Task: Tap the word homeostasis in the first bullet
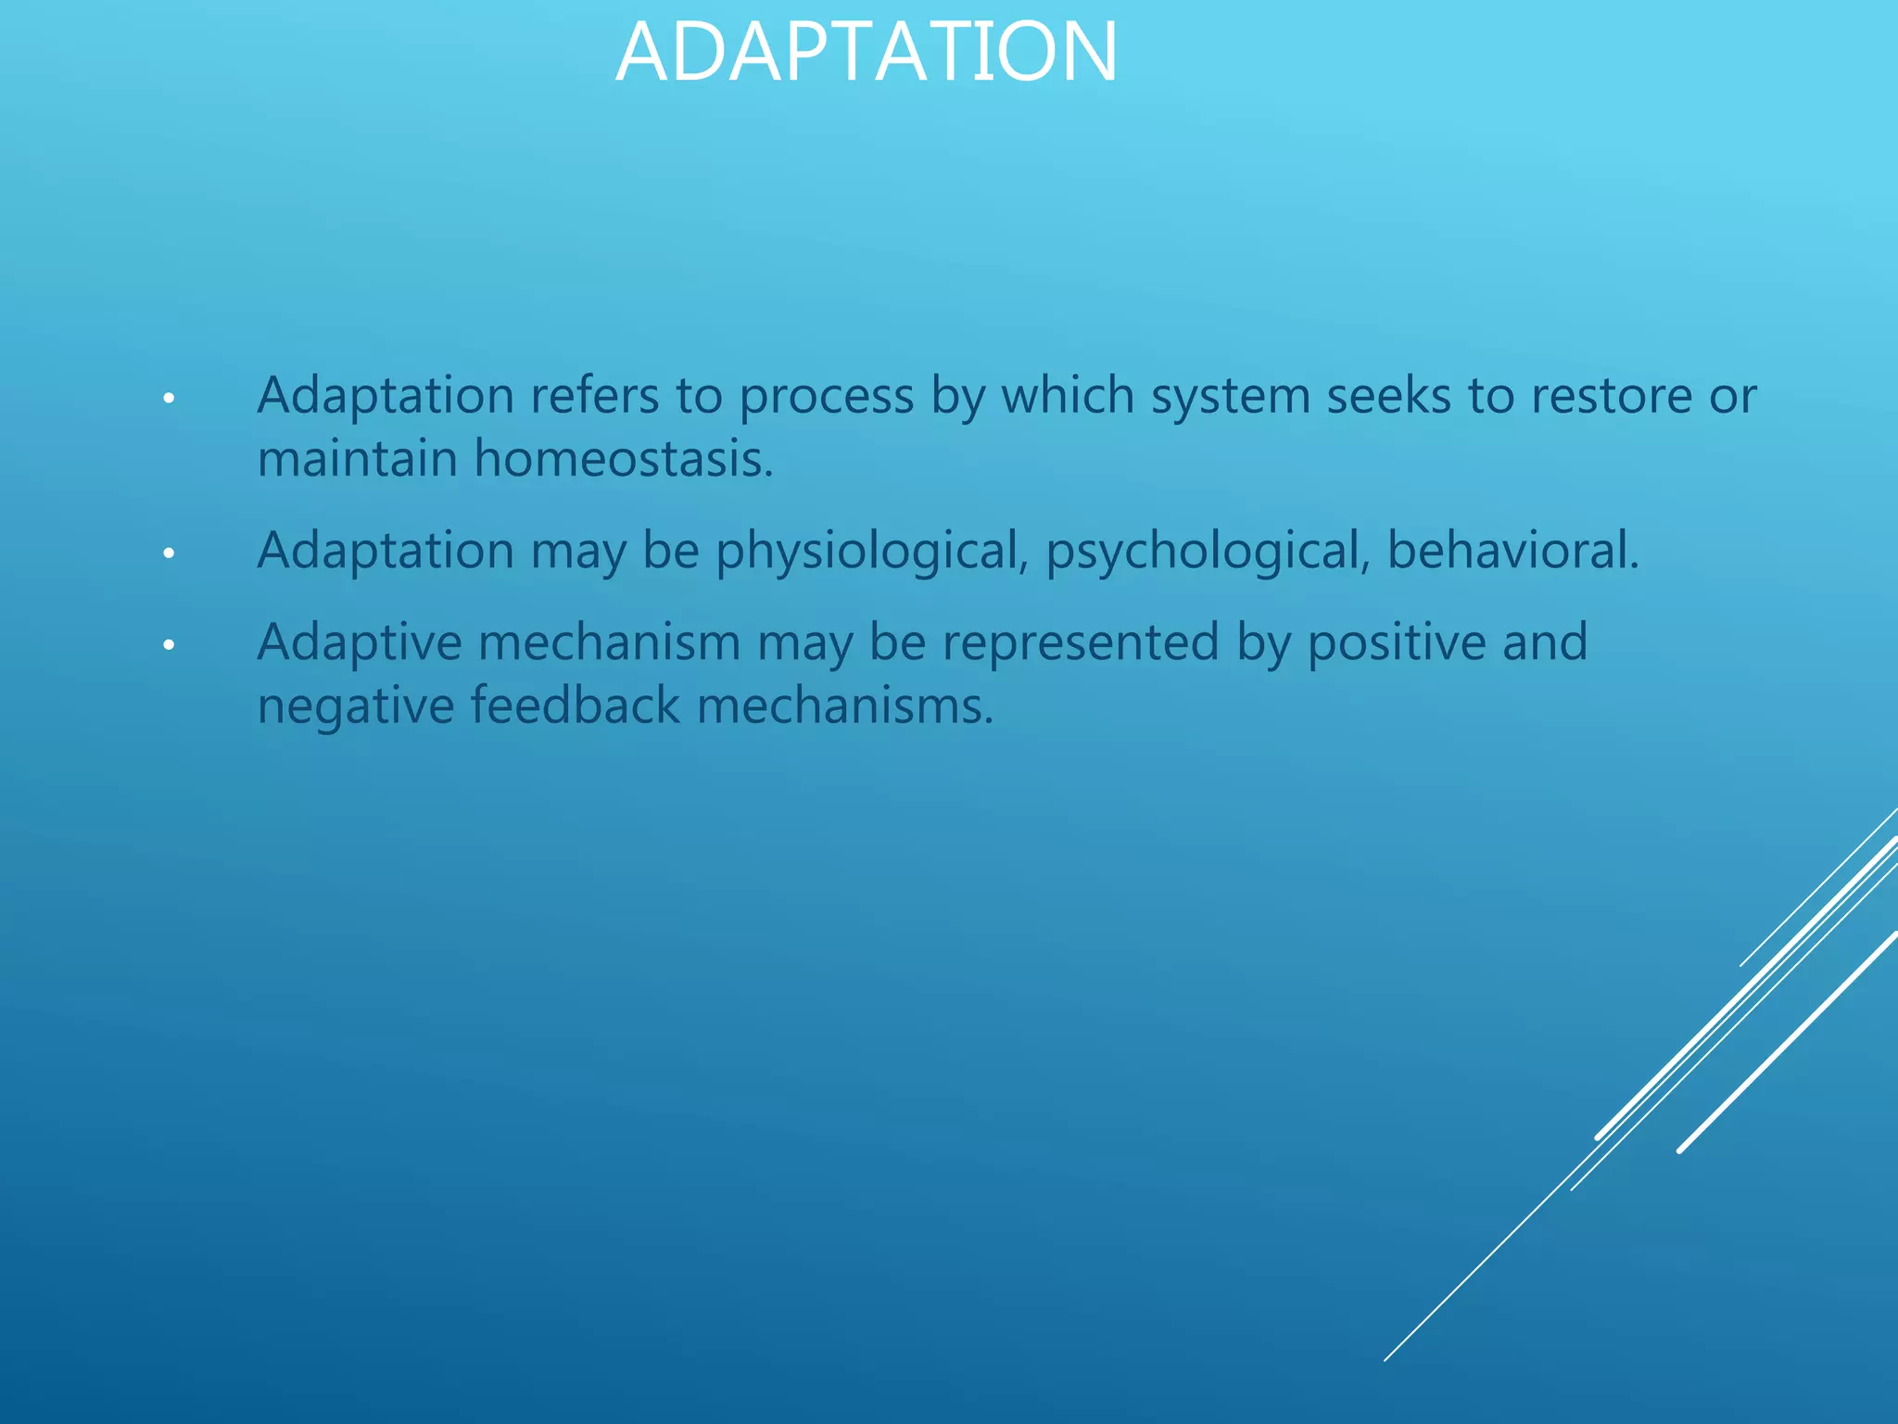click(623, 459)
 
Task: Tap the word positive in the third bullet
click(1396, 642)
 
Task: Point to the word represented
click(1081, 642)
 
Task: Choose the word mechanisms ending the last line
click(844, 706)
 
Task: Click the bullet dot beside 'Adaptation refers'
click(168, 399)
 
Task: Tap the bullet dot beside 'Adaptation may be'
click(168, 553)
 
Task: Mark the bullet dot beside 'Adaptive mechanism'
click(168, 644)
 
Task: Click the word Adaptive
click(360, 642)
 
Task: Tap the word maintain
click(357, 459)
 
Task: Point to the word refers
click(594, 397)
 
